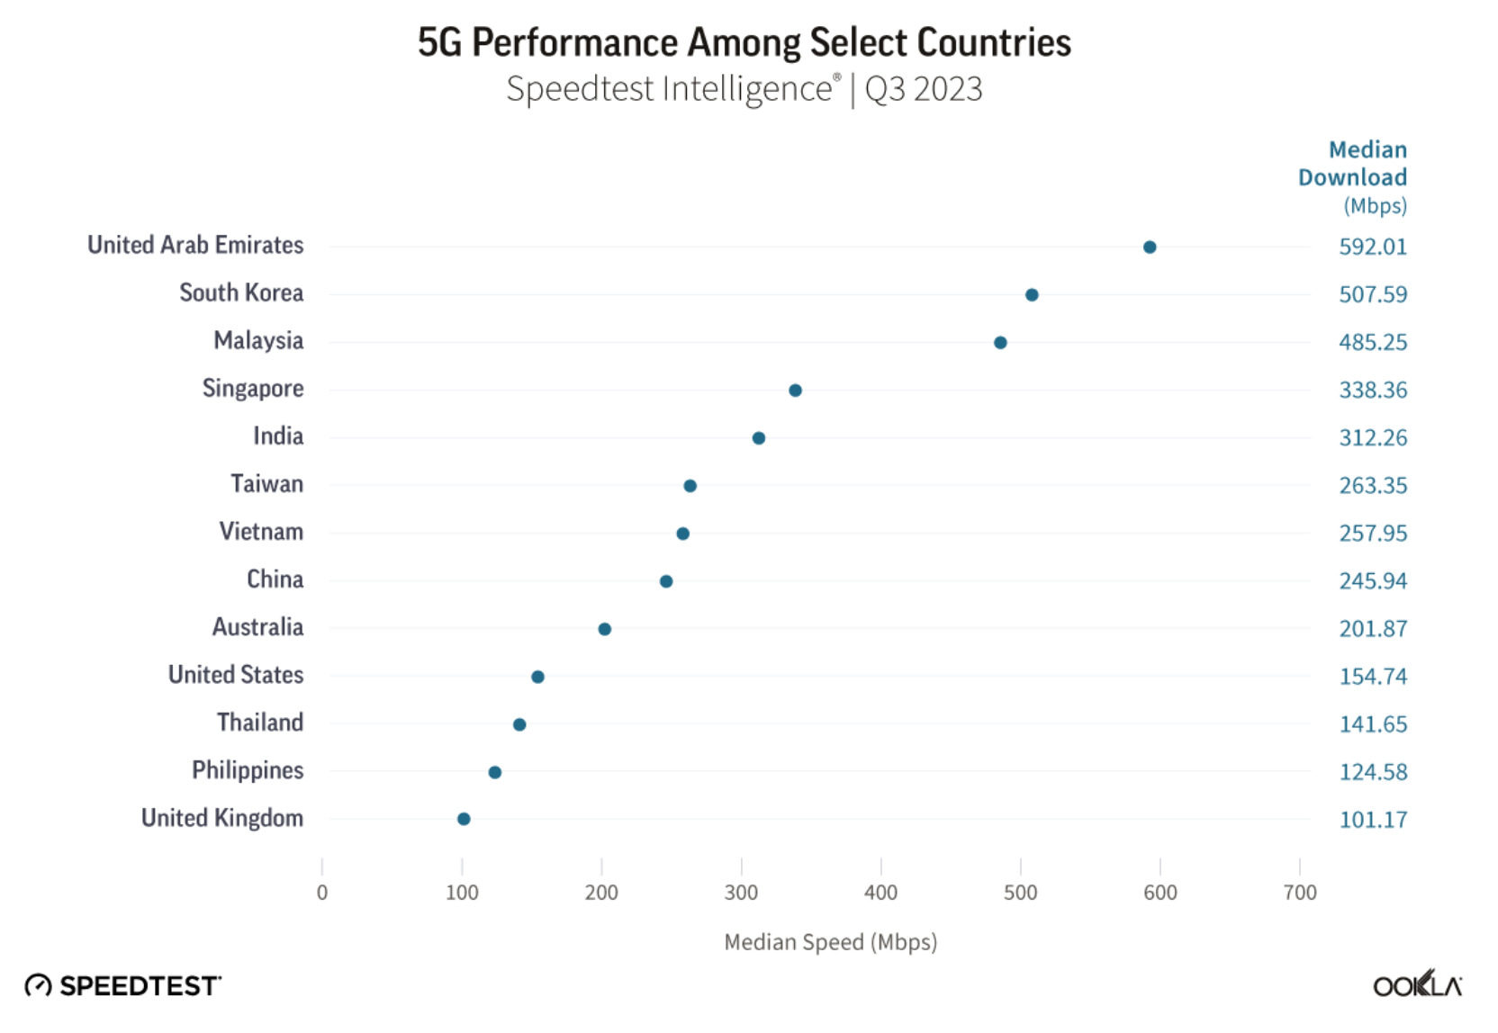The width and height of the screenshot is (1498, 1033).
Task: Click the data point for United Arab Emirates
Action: (1150, 247)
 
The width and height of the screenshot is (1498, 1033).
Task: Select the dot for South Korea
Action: (1032, 295)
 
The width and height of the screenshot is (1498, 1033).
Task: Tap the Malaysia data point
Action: (1000, 343)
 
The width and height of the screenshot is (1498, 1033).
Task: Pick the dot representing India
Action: (759, 438)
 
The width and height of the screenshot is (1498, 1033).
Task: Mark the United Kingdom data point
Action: (464, 819)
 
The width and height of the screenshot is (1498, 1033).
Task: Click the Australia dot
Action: (605, 629)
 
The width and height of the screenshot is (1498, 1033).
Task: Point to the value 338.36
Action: (1372, 391)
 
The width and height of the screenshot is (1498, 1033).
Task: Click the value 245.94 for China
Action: (1372, 581)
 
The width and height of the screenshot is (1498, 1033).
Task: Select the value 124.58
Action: (1372, 772)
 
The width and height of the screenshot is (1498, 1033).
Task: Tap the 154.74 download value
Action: (1372, 677)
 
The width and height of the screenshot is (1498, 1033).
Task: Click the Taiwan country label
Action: (266, 484)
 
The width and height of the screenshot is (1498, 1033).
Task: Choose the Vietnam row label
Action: (261, 532)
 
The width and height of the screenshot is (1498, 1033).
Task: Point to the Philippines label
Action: (248, 771)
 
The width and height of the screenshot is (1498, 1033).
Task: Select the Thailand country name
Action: (260, 723)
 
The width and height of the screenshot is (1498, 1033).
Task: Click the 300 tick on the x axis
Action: (741, 893)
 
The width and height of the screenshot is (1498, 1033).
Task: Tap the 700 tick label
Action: (1300, 893)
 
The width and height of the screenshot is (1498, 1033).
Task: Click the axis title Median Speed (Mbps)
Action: (830, 942)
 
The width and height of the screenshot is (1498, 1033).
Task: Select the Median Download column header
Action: (1352, 164)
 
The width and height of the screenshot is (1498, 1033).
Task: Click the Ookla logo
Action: (1417, 985)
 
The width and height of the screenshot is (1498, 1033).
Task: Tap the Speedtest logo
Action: (122, 986)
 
